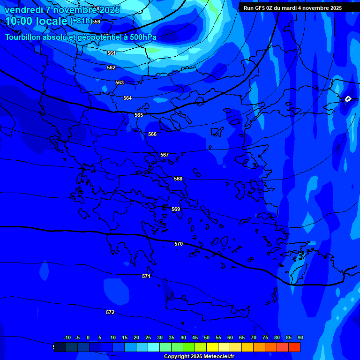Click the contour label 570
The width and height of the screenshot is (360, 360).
(x=179, y=244)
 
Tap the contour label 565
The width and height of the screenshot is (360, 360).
(x=139, y=115)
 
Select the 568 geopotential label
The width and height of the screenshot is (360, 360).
(x=178, y=179)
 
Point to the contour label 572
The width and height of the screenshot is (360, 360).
(x=110, y=312)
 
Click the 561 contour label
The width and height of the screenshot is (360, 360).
(x=111, y=53)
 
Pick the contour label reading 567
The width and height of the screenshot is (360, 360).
(x=164, y=155)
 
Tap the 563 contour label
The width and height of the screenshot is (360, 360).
(x=120, y=83)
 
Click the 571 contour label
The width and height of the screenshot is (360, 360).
(x=146, y=277)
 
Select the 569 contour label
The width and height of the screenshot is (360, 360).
(x=176, y=210)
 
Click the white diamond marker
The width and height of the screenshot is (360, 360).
(x=348, y=99)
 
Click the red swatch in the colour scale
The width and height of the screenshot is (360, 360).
(x=294, y=347)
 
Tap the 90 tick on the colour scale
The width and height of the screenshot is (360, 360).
(x=300, y=338)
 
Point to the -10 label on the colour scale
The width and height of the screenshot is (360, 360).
(x=67, y=338)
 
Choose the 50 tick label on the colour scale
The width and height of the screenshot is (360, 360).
(x=206, y=338)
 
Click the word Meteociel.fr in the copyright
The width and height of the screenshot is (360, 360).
(x=206, y=357)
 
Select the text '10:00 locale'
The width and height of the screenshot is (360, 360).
(x=36, y=21)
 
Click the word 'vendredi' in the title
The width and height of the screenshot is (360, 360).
(x=22, y=10)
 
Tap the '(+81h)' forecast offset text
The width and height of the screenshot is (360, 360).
(x=81, y=21)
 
